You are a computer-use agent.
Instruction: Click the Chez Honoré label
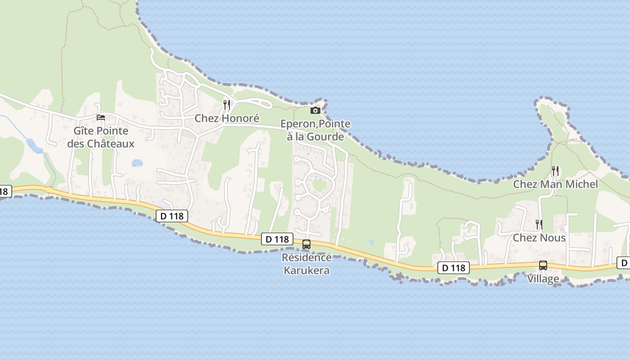(227, 118)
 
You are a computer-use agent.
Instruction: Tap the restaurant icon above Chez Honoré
(227, 105)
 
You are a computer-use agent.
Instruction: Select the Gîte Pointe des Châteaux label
(101, 137)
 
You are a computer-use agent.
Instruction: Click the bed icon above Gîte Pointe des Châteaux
(101, 117)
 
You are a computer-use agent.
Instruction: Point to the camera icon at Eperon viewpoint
(315, 110)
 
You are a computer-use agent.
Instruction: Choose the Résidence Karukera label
(306, 264)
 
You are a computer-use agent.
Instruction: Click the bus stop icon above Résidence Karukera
(306, 244)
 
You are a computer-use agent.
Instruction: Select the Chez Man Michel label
(555, 184)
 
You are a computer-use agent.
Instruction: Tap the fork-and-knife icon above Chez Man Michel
(555, 171)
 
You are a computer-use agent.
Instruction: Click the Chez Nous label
(539, 238)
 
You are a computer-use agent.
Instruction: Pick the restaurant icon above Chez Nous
(539, 224)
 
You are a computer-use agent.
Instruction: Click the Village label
(543, 279)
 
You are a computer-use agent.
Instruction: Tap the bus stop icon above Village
(543, 265)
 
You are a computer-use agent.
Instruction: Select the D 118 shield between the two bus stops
(454, 268)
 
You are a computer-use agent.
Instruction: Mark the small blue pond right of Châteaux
(137, 163)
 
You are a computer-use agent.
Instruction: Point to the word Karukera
(306, 270)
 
